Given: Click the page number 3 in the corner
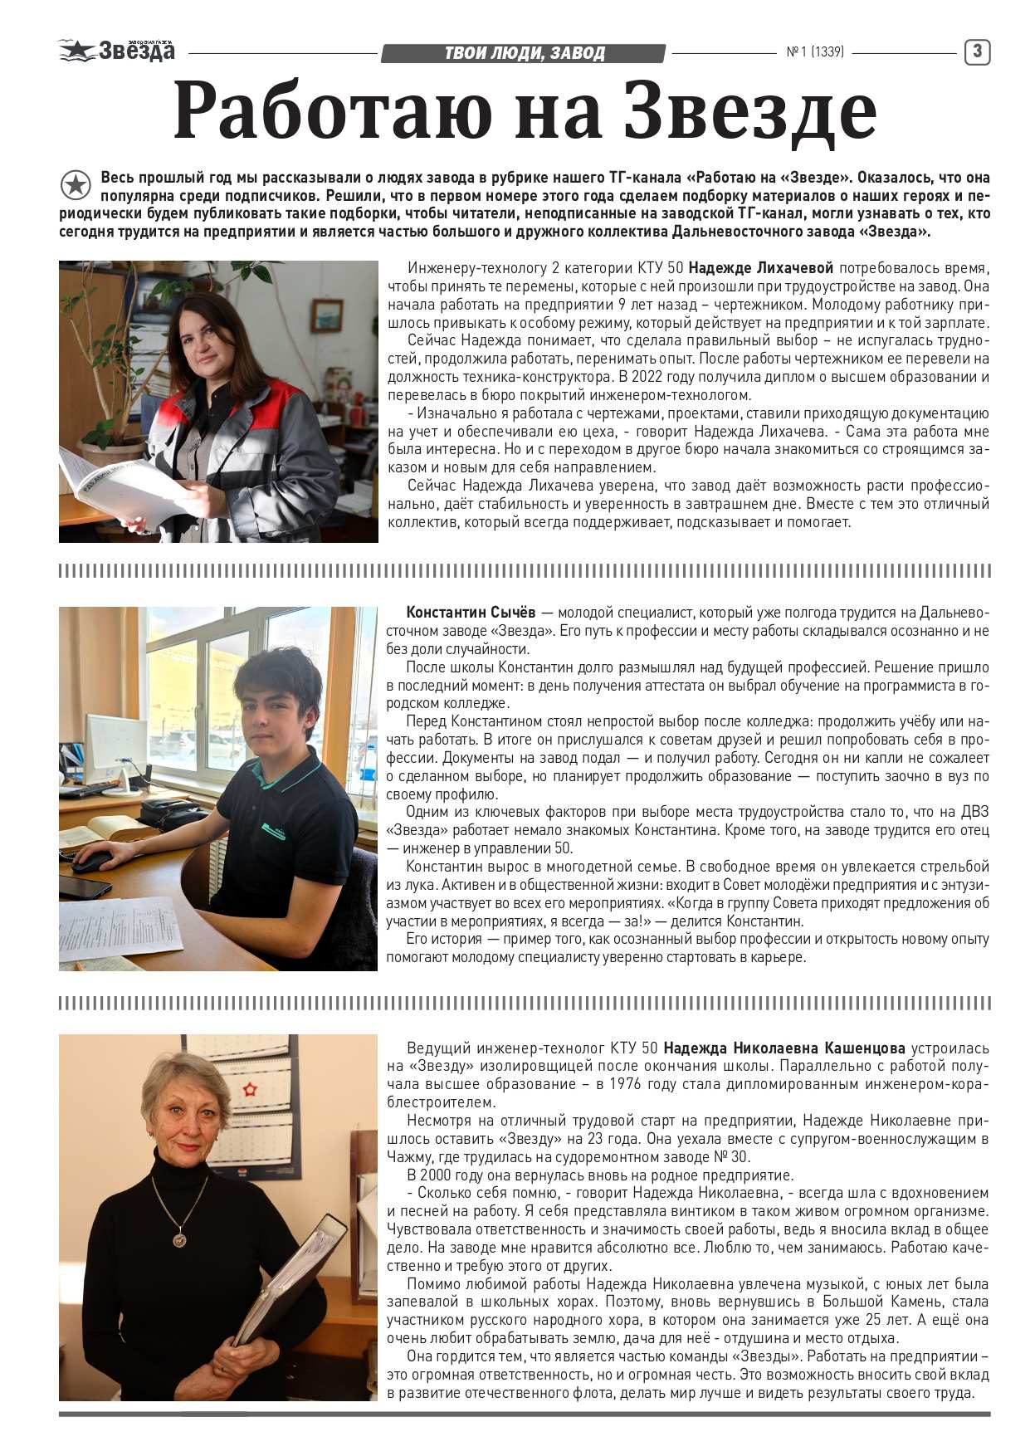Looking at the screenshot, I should point(977,52).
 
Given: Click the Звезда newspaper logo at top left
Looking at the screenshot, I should point(117,51).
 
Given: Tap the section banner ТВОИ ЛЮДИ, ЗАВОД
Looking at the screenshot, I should point(524,54).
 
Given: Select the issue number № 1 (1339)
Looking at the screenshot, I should point(814,52).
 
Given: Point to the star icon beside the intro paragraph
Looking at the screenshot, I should point(76,185).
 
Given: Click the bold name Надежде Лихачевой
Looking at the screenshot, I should point(760,268).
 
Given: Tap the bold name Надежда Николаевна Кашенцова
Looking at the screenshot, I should point(784,1048).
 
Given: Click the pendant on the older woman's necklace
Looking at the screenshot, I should point(178,1240).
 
